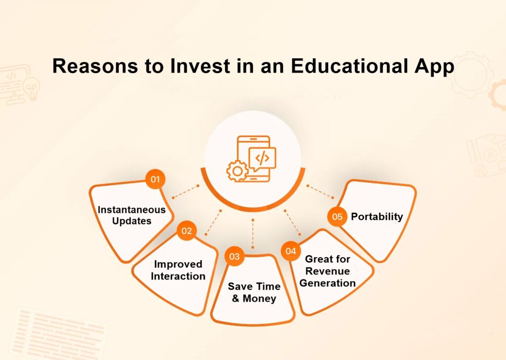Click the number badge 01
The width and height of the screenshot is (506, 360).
pos(155,180)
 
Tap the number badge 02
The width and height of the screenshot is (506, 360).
pos(187,231)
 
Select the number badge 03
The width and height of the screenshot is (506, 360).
pos(234,257)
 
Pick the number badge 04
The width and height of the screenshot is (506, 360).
pos(291,251)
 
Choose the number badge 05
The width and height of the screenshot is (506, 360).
pos(337,217)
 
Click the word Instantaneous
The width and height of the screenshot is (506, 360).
pos(131,209)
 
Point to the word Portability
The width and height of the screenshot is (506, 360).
pos(377,216)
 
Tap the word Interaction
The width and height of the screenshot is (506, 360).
pos(178,276)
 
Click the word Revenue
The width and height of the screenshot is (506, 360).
pos(328,271)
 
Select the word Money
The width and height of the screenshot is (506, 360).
pos(259,299)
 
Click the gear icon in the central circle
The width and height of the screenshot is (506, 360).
pos(237,171)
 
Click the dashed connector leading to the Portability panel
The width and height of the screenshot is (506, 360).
pos(320,192)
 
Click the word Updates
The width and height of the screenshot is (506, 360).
pos(131,221)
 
